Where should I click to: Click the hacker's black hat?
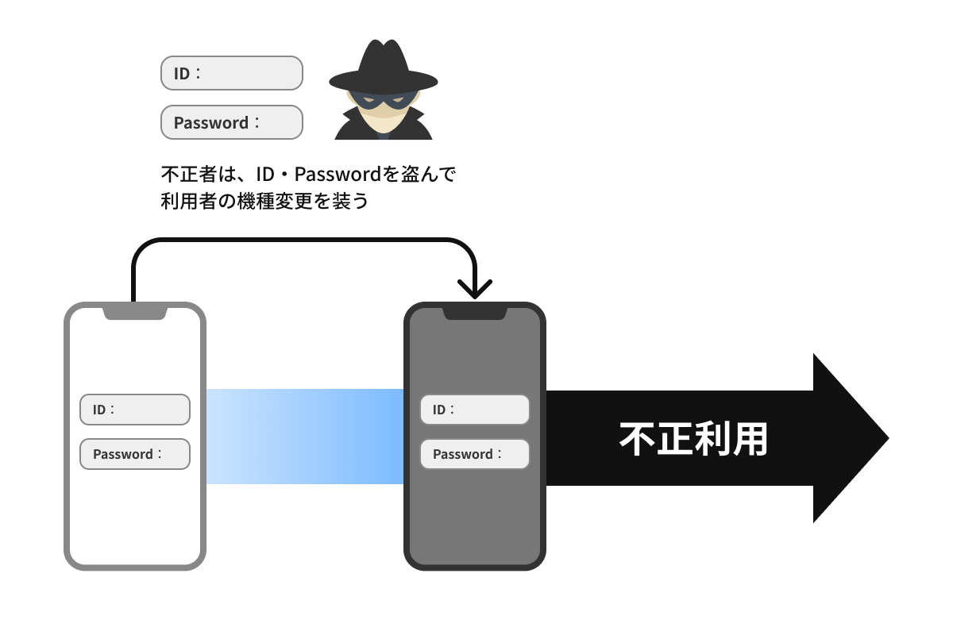384,67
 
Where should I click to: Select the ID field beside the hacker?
231,73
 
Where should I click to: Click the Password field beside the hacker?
231,122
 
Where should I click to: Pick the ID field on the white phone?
135,410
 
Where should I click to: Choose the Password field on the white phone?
135,454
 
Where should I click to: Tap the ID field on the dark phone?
474,410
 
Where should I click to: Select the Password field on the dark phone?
474,454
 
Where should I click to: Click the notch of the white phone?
135,312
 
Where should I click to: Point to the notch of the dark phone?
474,313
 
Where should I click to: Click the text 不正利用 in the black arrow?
693,439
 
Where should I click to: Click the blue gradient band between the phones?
305,437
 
